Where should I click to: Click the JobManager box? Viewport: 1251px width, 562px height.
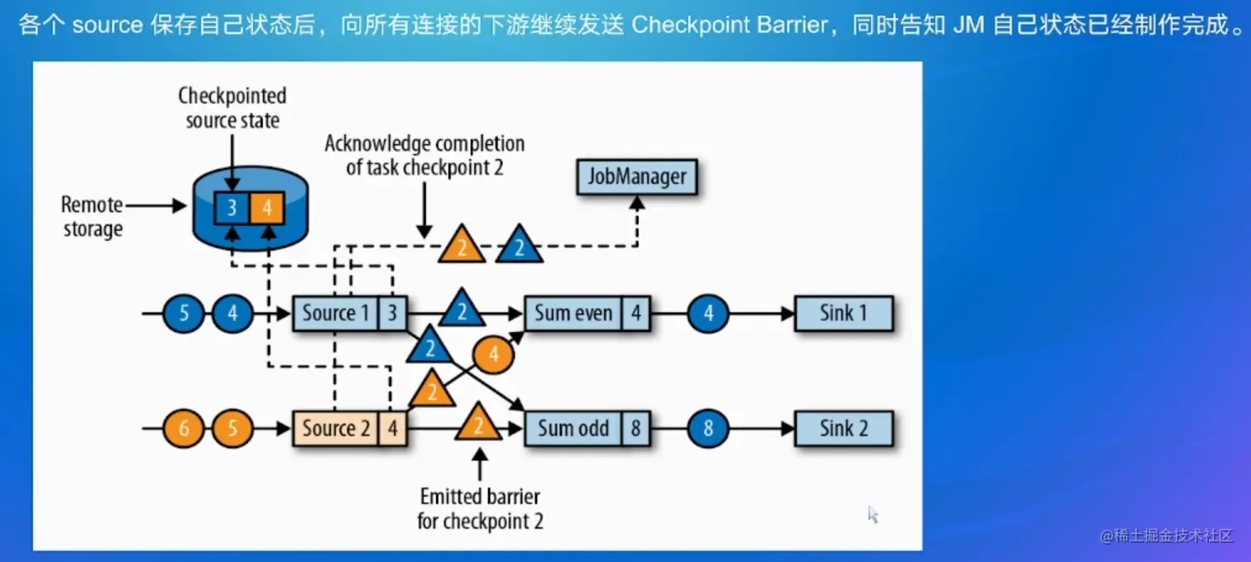pos(637,177)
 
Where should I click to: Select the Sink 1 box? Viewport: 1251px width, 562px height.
pos(844,314)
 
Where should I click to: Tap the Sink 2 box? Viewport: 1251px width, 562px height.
pos(844,429)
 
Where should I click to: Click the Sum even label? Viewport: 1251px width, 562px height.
pos(573,314)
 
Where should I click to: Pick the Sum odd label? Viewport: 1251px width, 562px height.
pos(573,429)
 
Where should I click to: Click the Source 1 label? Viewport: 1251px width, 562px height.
pos(336,314)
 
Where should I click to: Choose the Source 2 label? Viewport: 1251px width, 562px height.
pos(336,429)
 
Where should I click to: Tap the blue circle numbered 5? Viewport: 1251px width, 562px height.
pos(184,314)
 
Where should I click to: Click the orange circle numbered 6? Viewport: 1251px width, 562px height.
pos(184,429)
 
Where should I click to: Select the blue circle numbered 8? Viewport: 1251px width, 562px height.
pos(708,429)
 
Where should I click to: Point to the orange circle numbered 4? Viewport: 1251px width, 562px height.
pos(493,354)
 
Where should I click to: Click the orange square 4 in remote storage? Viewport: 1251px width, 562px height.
pos(267,208)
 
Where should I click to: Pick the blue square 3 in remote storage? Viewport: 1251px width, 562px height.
pos(232,208)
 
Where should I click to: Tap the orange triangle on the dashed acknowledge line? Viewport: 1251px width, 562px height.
pos(462,246)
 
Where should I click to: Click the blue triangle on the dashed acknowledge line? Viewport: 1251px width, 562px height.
pos(520,246)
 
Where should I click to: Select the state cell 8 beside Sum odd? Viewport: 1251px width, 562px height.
pos(635,429)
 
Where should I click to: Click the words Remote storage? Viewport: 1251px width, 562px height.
pos(92,217)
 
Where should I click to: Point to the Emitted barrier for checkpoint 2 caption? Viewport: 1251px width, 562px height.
pos(480,508)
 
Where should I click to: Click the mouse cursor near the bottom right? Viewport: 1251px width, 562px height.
pos(873,515)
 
